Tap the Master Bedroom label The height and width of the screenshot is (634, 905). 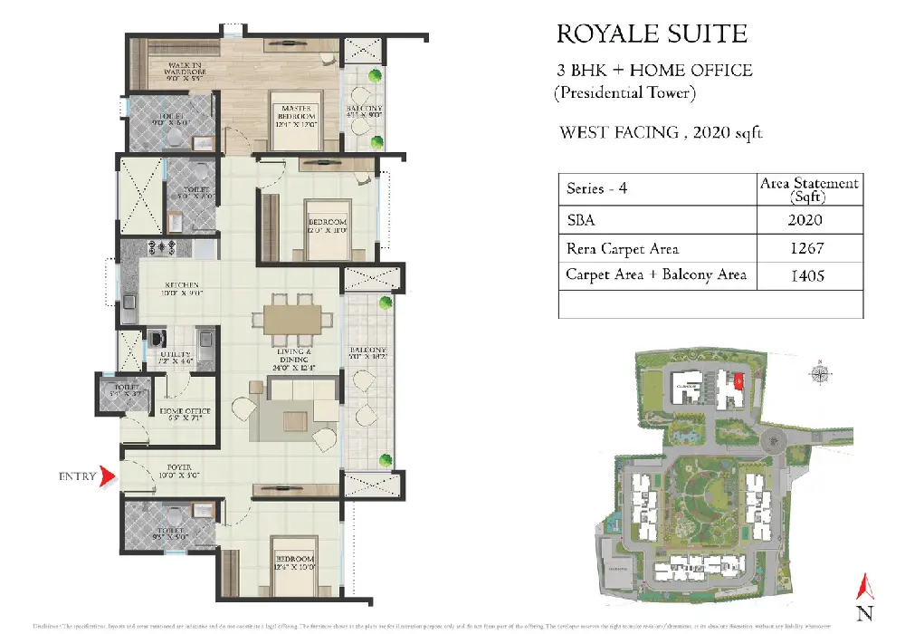click(296, 112)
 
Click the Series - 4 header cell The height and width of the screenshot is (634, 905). click(596, 188)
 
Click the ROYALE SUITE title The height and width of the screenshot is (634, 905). click(652, 34)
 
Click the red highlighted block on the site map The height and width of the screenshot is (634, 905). click(738, 382)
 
